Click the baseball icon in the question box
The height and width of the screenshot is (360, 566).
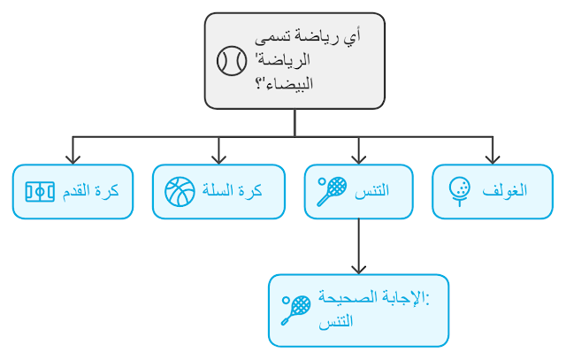[x=232, y=61]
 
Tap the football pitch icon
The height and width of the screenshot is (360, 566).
[x=40, y=191]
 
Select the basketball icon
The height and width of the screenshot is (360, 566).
[x=180, y=191]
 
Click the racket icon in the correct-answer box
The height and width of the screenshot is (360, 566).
[x=296, y=310]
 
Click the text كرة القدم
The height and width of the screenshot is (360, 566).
[x=91, y=191]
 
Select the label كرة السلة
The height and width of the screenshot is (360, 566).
[x=233, y=191]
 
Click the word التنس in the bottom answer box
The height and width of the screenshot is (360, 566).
[x=336, y=320]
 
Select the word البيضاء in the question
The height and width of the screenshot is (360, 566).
[x=283, y=85]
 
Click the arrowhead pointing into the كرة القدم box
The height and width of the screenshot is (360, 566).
[x=73, y=158]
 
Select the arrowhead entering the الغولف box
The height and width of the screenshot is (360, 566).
[x=491, y=158]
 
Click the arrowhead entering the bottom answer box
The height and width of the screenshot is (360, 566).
[x=358, y=268]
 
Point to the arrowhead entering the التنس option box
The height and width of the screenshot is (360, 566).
[x=358, y=158]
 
